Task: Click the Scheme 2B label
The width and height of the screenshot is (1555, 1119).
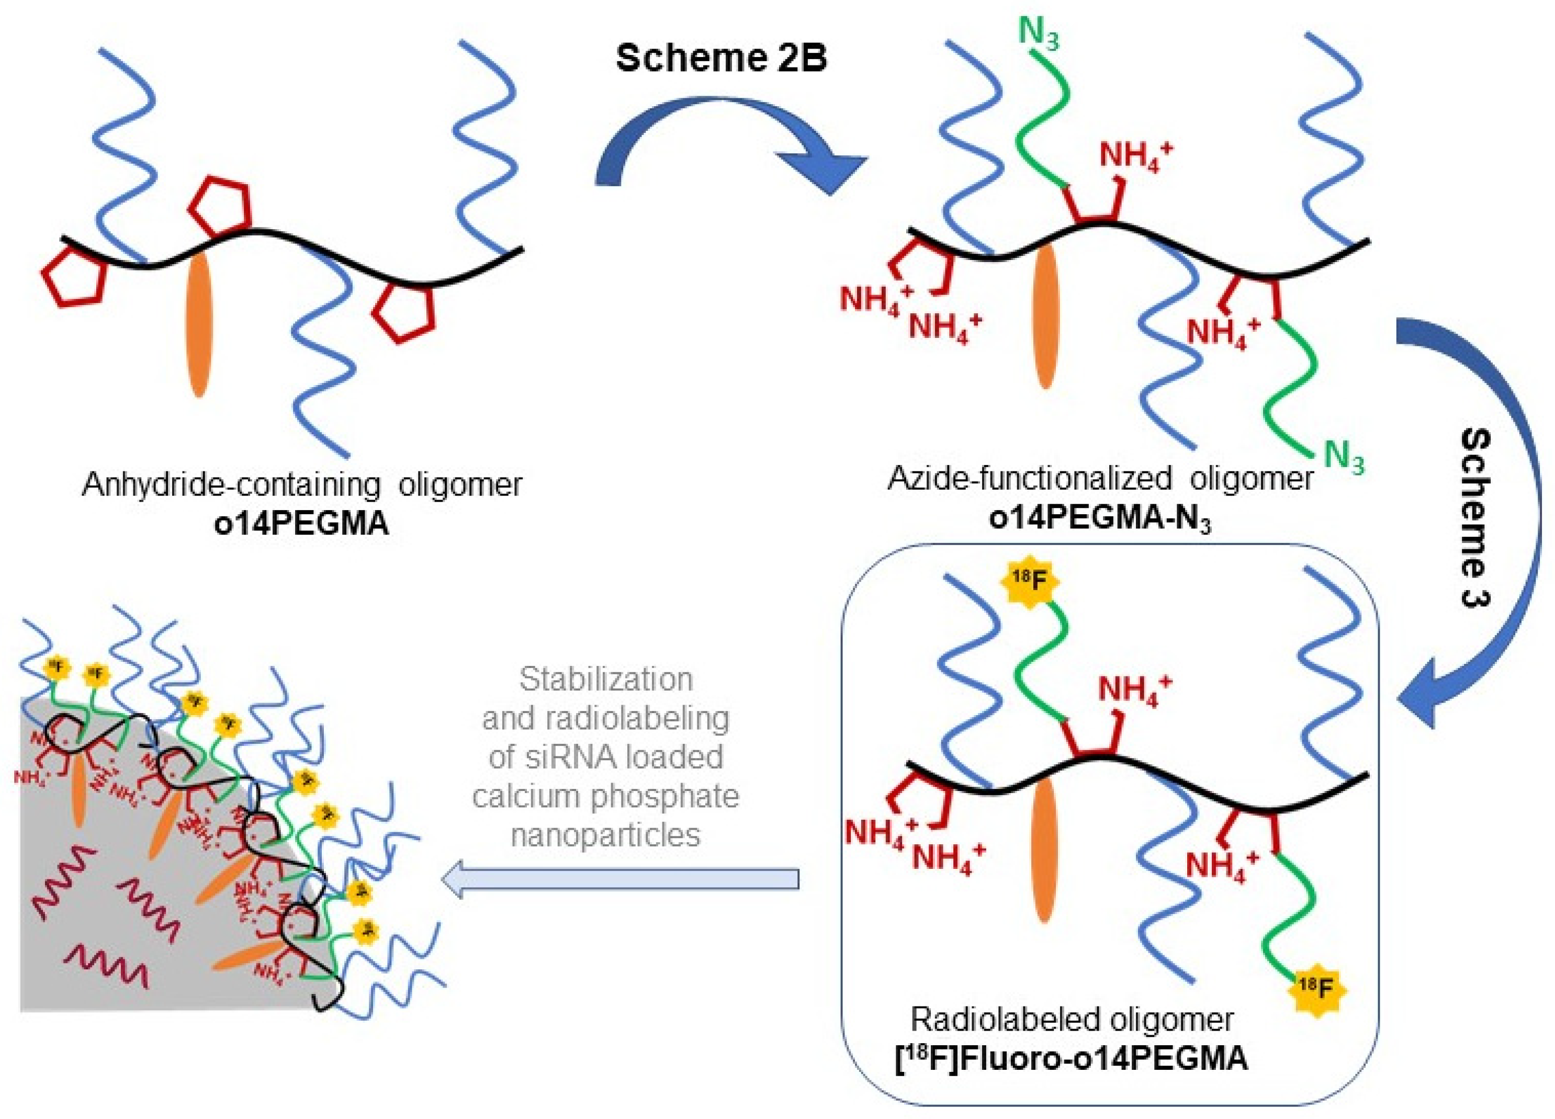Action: pos(722,58)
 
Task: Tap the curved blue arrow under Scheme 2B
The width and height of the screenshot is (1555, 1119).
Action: pos(727,137)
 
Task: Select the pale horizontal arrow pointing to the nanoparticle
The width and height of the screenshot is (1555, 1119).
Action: pos(621,878)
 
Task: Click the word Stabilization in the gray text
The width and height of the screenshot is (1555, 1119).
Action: pos(606,680)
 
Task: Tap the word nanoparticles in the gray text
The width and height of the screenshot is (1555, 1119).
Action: pos(606,835)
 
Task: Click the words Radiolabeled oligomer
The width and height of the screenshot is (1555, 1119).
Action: pos(1072,1020)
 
